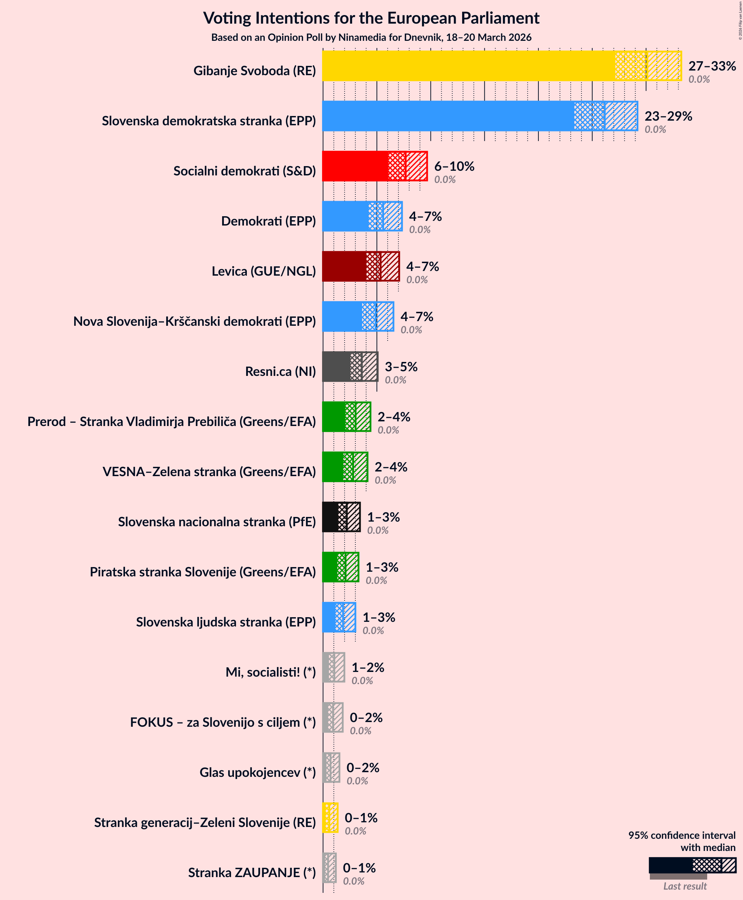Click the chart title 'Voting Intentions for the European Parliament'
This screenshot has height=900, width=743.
coord(371,18)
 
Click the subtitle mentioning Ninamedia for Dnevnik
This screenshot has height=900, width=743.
coord(371,38)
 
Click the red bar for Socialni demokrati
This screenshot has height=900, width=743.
coord(355,166)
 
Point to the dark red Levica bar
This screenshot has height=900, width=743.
coord(344,266)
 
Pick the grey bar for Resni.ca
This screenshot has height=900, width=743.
coord(336,367)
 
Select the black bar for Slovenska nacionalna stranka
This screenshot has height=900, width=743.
coord(330,517)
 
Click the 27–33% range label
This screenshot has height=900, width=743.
coord(712,66)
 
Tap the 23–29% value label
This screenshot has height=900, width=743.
coord(668,116)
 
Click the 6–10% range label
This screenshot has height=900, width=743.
coord(454,166)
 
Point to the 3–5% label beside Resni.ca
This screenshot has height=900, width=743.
coord(401,367)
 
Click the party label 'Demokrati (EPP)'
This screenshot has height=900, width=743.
coord(268,221)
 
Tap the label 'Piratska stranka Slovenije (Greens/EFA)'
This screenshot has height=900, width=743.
coord(202,572)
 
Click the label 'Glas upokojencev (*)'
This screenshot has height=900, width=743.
coord(257,772)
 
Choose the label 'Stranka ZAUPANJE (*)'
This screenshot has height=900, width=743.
coord(251,873)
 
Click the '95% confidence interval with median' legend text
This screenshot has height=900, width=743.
coord(681,841)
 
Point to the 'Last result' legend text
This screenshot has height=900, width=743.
coord(685,886)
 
